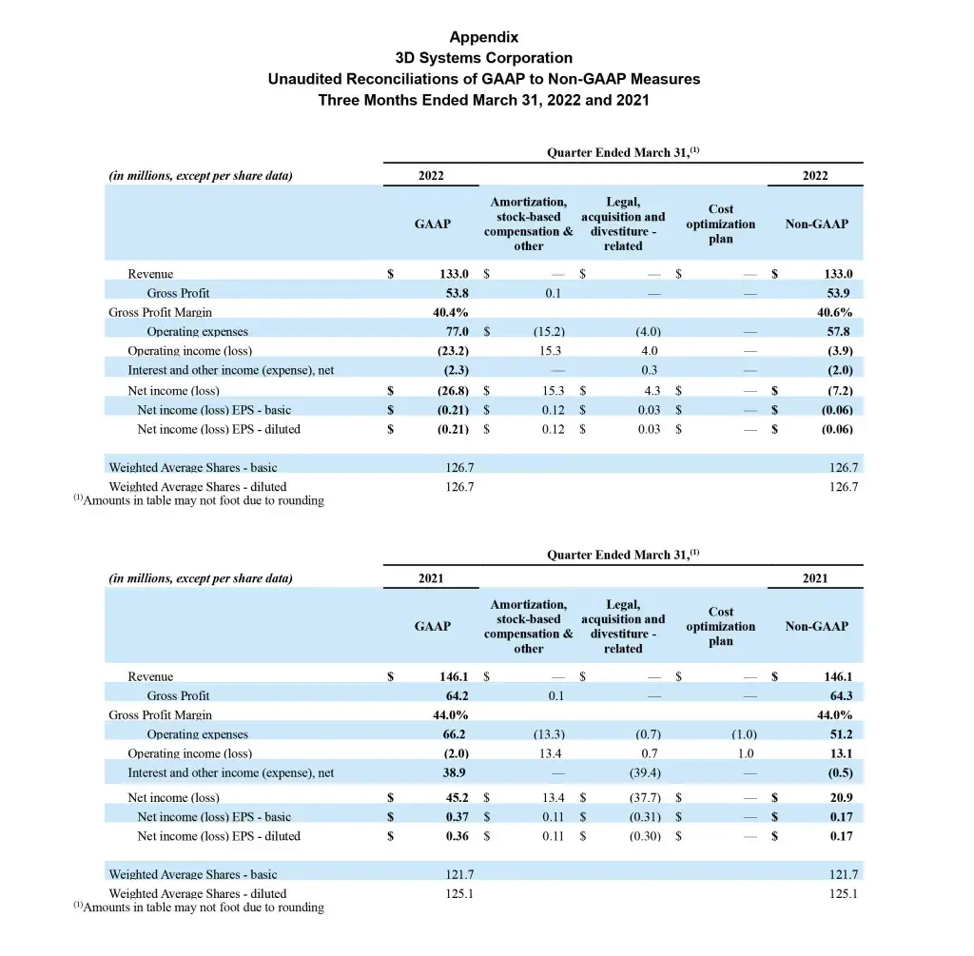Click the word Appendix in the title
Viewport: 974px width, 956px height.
pos(484,37)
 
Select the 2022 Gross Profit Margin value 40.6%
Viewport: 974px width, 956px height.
pos(834,312)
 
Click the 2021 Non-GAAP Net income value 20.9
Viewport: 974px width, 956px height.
pos(841,798)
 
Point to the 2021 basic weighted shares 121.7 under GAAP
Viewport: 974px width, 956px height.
pos(460,874)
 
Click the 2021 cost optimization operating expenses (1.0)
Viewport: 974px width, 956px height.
pos(744,734)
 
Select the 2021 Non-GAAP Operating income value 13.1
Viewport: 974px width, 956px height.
pos(841,753)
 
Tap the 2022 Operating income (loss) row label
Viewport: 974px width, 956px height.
pos(190,351)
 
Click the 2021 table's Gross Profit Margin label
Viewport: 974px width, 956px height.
pos(161,715)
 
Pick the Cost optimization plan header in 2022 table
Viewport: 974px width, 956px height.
pos(720,224)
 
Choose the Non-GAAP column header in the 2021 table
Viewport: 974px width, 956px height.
pos(816,626)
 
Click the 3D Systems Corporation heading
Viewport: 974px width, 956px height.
pos(484,58)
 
